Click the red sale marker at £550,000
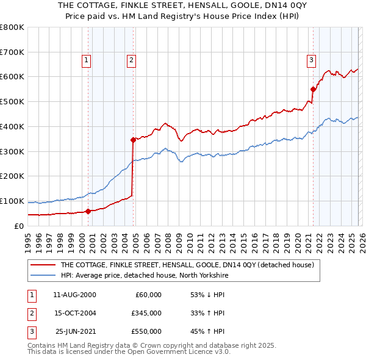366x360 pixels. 314,89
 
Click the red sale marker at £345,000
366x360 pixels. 134,140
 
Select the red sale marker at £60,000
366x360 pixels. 88,211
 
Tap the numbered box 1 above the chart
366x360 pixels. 87,60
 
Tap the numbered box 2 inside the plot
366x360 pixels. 131,60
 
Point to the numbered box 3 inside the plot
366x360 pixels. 311,60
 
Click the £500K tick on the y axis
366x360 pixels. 12,101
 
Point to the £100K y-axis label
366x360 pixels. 12,201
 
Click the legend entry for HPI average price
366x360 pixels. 143,275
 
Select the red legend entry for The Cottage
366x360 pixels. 187,265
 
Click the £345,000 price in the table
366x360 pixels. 146,313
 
